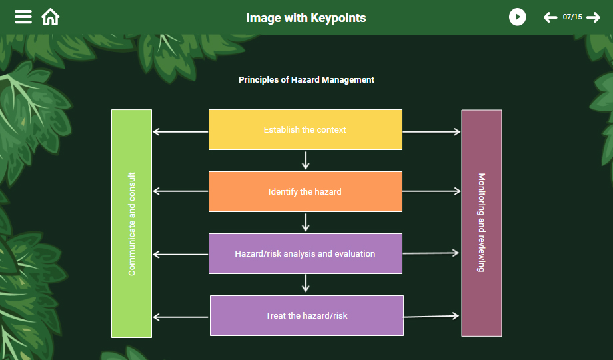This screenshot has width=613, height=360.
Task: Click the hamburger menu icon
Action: tap(23, 17)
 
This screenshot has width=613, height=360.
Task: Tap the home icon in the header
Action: tap(51, 17)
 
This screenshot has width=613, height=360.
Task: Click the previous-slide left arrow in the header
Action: tap(550, 17)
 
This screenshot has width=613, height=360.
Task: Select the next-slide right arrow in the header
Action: tap(593, 17)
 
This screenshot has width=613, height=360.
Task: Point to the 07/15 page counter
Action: tap(572, 17)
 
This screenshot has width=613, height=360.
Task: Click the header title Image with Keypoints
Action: tap(306, 17)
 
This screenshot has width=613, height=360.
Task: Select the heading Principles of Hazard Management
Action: tap(306, 80)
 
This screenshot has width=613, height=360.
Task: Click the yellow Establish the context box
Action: tap(305, 130)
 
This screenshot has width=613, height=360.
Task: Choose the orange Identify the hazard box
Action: tap(305, 192)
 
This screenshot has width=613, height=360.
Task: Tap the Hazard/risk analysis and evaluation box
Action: tap(305, 254)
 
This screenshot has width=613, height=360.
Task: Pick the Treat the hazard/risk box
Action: tap(306, 316)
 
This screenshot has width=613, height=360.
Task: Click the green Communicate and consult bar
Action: tap(131, 224)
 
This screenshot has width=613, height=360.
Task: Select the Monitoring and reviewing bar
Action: tap(481, 223)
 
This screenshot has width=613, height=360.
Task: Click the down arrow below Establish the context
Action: tap(306, 161)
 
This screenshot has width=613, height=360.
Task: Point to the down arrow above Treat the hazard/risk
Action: tap(306, 284)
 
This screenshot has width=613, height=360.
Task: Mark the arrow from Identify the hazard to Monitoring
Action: tap(432, 191)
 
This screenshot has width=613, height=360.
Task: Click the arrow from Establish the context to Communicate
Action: tap(181, 132)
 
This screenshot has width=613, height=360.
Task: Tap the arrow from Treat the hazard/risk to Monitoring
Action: tap(432, 316)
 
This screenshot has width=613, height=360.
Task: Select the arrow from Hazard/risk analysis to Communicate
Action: tap(181, 254)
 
